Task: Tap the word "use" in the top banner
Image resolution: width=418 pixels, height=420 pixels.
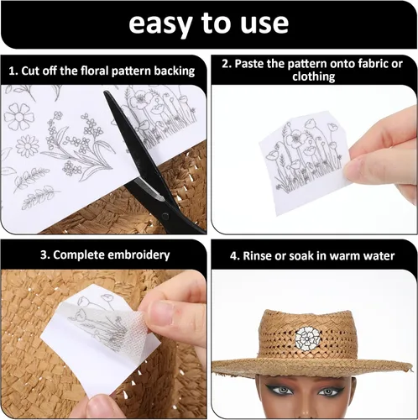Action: [x=264, y=24]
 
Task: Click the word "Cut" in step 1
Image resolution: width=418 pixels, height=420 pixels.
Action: [x=28, y=71]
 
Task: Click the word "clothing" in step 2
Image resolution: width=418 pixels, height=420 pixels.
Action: [x=314, y=76]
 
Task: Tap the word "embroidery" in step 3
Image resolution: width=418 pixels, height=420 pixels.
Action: [x=138, y=255]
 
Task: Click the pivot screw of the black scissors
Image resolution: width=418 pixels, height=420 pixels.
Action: [x=165, y=216]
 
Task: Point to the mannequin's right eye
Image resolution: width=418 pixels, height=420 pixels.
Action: [x=283, y=390]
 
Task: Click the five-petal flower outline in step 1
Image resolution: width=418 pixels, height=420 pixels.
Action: [x=19, y=117]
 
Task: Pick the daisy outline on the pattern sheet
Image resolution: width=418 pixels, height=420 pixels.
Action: [x=27, y=146]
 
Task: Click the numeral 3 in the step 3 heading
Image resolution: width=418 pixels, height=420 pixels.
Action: [x=43, y=255]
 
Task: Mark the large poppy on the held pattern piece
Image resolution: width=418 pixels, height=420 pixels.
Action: [x=296, y=139]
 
